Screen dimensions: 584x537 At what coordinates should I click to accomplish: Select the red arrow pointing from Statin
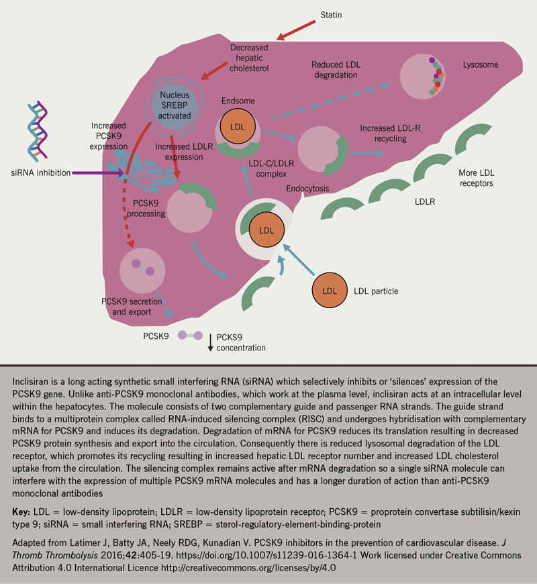[295, 28]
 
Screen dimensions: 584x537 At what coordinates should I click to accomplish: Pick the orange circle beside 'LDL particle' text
[329, 291]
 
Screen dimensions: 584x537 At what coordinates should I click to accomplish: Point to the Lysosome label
[481, 65]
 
